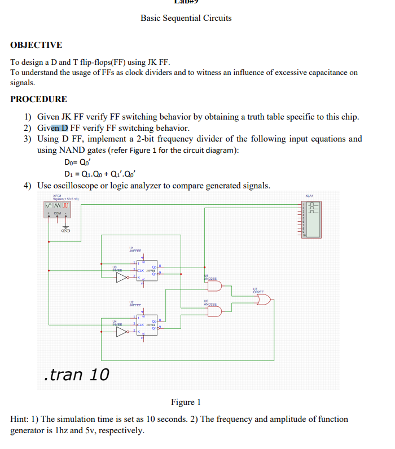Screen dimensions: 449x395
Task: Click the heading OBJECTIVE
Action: [x=36, y=45]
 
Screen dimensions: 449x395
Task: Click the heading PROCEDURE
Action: [x=38, y=99]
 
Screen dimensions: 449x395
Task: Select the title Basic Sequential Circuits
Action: [x=186, y=18]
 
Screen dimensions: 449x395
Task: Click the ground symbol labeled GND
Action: [x=66, y=227]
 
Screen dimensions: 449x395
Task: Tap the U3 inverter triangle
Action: [x=122, y=277]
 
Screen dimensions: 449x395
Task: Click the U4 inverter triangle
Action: [x=122, y=332]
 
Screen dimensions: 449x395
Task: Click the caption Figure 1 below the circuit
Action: [x=186, y=402]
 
